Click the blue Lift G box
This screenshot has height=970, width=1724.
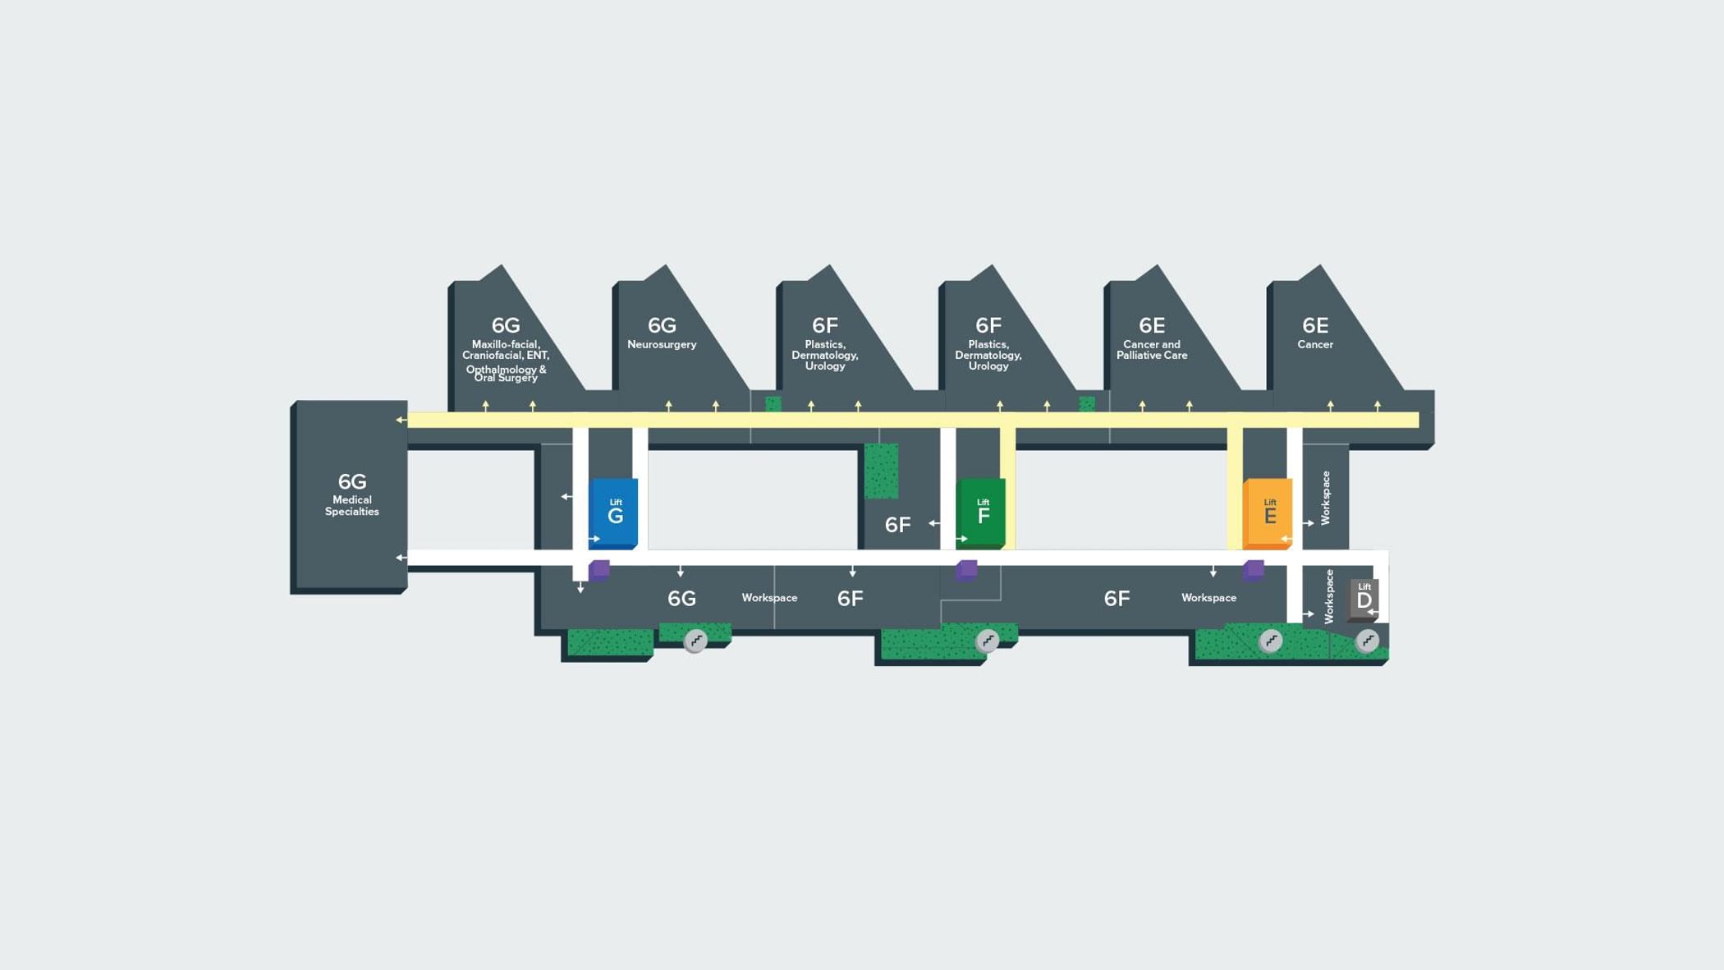pyautogui.click(x=614, y=512)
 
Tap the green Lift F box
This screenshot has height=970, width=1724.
pyautogui.click(x=982, y=512)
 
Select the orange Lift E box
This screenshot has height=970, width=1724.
pyautogui.click(x=1268, y=512)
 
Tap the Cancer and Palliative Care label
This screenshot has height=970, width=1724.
pyautogui.click(x=1152, y=350)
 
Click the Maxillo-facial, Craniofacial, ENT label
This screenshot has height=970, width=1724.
pyautogui.click(x=506, y=351)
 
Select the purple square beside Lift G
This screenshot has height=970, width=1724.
pyautogui.click(x=599, y=569)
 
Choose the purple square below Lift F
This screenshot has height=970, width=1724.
pyautogui.click(x=967, y=569)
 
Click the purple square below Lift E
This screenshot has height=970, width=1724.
pyautogui.click(x=1254, y=569)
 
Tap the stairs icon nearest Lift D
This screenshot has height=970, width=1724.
pyautogui.click(x=1367, y=641)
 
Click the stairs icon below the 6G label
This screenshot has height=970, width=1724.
pyautogui.click(x=695, y=641)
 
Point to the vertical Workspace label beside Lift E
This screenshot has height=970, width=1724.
pyautogui.click(x=1325, y=498)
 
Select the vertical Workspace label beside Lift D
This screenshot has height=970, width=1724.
pyautogui.click(x=1329, y=596)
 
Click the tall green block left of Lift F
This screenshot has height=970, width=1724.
pyautogui.click(x=881, y=471)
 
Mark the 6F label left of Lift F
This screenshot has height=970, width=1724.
pyautogui.click(x=897, y=525)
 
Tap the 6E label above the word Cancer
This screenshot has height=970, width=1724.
pyautogui.click(x=1315, y=325)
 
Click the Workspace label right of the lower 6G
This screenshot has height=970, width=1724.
pyautogui.click(x=769, y=598)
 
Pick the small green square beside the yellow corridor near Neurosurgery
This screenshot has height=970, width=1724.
pyautogui.click(x=773, y=404)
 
